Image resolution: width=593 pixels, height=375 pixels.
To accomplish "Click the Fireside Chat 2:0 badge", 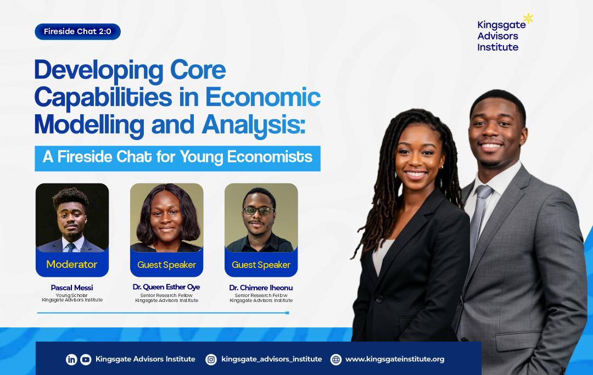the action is coord(77,32).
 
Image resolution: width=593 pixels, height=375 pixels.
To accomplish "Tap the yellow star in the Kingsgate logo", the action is coord(528,18).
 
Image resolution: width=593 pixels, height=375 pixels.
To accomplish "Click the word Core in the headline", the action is coord(198,70).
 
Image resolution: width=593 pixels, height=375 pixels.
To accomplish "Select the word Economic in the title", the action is coord(263,97).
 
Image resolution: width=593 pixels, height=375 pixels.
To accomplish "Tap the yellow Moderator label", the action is coord(72,264).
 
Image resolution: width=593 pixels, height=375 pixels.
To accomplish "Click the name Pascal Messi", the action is coord(72,288).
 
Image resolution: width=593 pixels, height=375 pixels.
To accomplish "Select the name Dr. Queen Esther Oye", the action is coord(166,287).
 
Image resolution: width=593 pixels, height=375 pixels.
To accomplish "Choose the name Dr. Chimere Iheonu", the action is coord(261,288).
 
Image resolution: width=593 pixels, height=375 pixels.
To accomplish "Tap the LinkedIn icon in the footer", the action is coord(71,360).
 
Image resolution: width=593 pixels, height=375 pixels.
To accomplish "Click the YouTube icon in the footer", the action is coord(86,360).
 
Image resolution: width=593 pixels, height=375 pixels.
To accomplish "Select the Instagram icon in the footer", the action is coord(211,360).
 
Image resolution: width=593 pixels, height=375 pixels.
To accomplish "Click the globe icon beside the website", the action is coord(336,360).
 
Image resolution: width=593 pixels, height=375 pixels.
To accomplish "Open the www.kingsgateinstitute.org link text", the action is coord(395,359).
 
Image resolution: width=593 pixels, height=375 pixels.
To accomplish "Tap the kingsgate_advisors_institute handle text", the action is coord(272,359).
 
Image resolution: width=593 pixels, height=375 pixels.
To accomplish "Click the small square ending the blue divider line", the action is coord(287,313).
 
